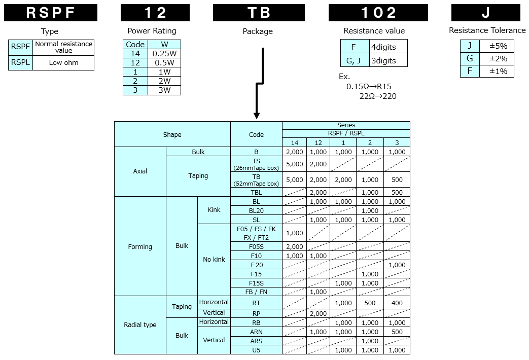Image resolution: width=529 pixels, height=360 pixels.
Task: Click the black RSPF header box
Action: point(51,13)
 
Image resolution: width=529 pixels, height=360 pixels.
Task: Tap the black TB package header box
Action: point(259,13)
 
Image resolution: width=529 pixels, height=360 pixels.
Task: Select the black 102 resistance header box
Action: point(378,13)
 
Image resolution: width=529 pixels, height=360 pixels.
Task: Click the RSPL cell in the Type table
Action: point(21,63)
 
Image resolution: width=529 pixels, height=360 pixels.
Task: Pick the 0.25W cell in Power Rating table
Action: point(164,54)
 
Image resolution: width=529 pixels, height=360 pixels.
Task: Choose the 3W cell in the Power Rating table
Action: point(164,90)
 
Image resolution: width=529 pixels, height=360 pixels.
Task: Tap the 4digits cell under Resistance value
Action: point(389,47)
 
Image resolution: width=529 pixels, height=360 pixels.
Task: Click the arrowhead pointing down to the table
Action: point(257,116)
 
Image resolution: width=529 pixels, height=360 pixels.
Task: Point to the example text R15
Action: point(382,86)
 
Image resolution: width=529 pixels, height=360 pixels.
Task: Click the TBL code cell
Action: point(257,192)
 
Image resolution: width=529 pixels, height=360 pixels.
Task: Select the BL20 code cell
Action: point(257,210)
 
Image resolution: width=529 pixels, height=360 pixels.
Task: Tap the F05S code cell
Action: point(257,246)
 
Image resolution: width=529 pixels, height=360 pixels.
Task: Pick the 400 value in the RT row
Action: point(397,303)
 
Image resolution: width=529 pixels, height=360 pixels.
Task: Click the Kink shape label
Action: point(214,210)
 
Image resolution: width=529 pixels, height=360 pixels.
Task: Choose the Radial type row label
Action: point(140,325)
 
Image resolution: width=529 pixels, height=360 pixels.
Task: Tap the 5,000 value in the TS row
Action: point(295,164)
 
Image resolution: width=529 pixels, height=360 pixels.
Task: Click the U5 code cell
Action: point(257,350)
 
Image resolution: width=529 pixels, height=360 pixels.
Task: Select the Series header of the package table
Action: point(346,125)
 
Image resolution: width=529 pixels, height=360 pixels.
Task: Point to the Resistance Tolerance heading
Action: point(487,30)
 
